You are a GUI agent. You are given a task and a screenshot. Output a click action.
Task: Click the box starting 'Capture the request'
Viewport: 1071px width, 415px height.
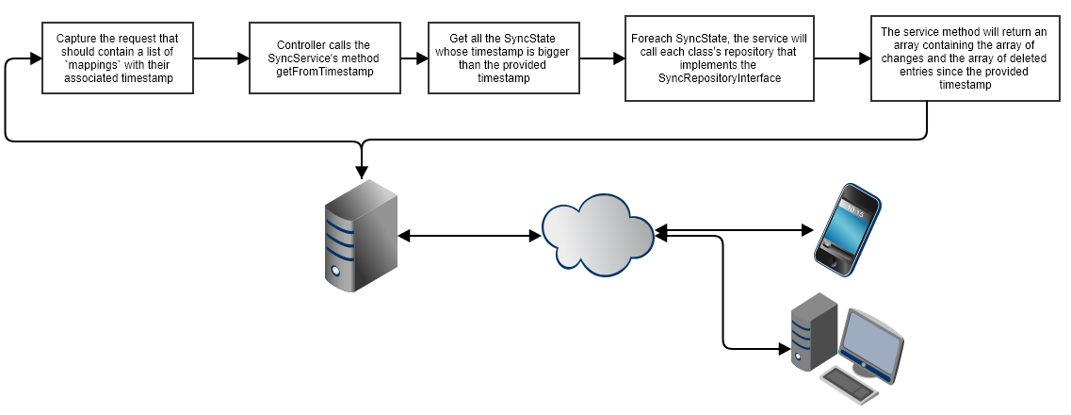coord(117,58)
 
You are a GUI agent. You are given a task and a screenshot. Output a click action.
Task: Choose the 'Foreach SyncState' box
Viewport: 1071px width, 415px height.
coord(721,58)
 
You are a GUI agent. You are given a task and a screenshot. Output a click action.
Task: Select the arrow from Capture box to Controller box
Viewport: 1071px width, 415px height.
coord(220,58)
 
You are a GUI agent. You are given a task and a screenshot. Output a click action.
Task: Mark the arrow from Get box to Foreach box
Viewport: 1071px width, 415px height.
coord(602,58)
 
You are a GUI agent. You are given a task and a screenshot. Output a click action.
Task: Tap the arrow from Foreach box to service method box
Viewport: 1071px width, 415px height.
coord(843,58)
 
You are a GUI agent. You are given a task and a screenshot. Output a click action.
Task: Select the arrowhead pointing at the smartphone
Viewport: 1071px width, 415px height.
coord(805,229)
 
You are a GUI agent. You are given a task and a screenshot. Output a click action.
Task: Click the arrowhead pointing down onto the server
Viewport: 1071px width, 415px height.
coord(361,173)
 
